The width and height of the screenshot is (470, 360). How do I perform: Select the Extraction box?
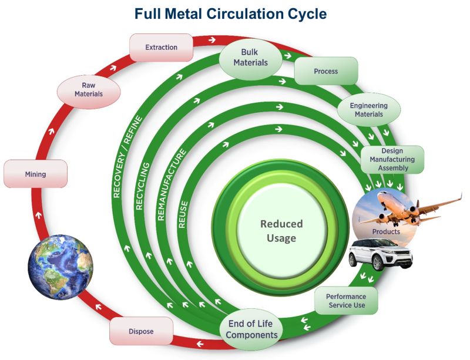point(161,47)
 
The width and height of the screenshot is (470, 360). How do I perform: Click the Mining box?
point(35,174)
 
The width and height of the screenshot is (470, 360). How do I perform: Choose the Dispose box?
point(141,331)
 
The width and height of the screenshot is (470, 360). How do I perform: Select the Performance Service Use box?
point(345,301)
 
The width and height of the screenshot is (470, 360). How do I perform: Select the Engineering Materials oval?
point(368,110)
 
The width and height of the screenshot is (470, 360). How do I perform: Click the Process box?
point(325,71)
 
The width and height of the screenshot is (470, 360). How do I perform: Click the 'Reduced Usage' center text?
point(281,231)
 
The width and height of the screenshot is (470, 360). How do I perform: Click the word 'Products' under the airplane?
point(385,231)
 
